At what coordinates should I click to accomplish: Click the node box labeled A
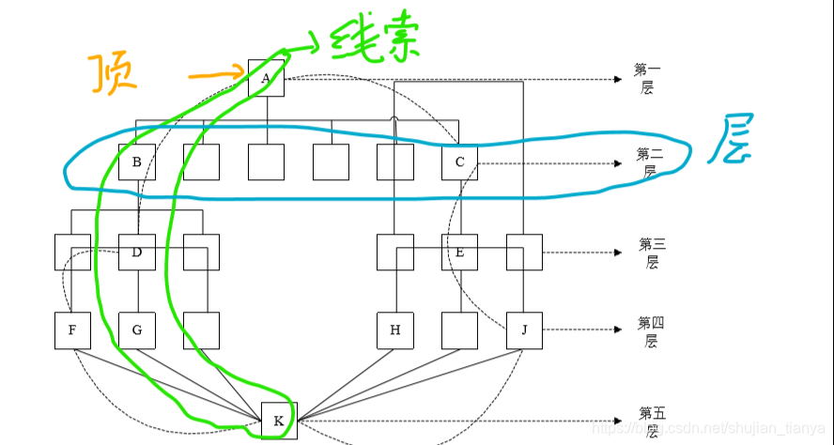click(x=267, y=79)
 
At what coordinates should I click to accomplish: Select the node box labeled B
click(x=137, y=162)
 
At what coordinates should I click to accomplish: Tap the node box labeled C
click(x=459, y=162)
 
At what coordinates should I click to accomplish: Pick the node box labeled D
click(x=137, y=252)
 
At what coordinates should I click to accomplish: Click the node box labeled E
click(x=459, y=252)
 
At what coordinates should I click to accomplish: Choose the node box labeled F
click(x=72, y=330)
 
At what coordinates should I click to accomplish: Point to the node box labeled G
click(x=137, y=330)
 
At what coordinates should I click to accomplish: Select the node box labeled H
click(x=394, y=330)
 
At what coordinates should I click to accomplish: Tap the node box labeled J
click(x=524, y=330)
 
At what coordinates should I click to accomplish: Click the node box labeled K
click(x=278, y=421)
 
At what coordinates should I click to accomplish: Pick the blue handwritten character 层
click(x=735, y=140)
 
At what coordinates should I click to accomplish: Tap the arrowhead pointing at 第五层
click(x=617, y=421)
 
